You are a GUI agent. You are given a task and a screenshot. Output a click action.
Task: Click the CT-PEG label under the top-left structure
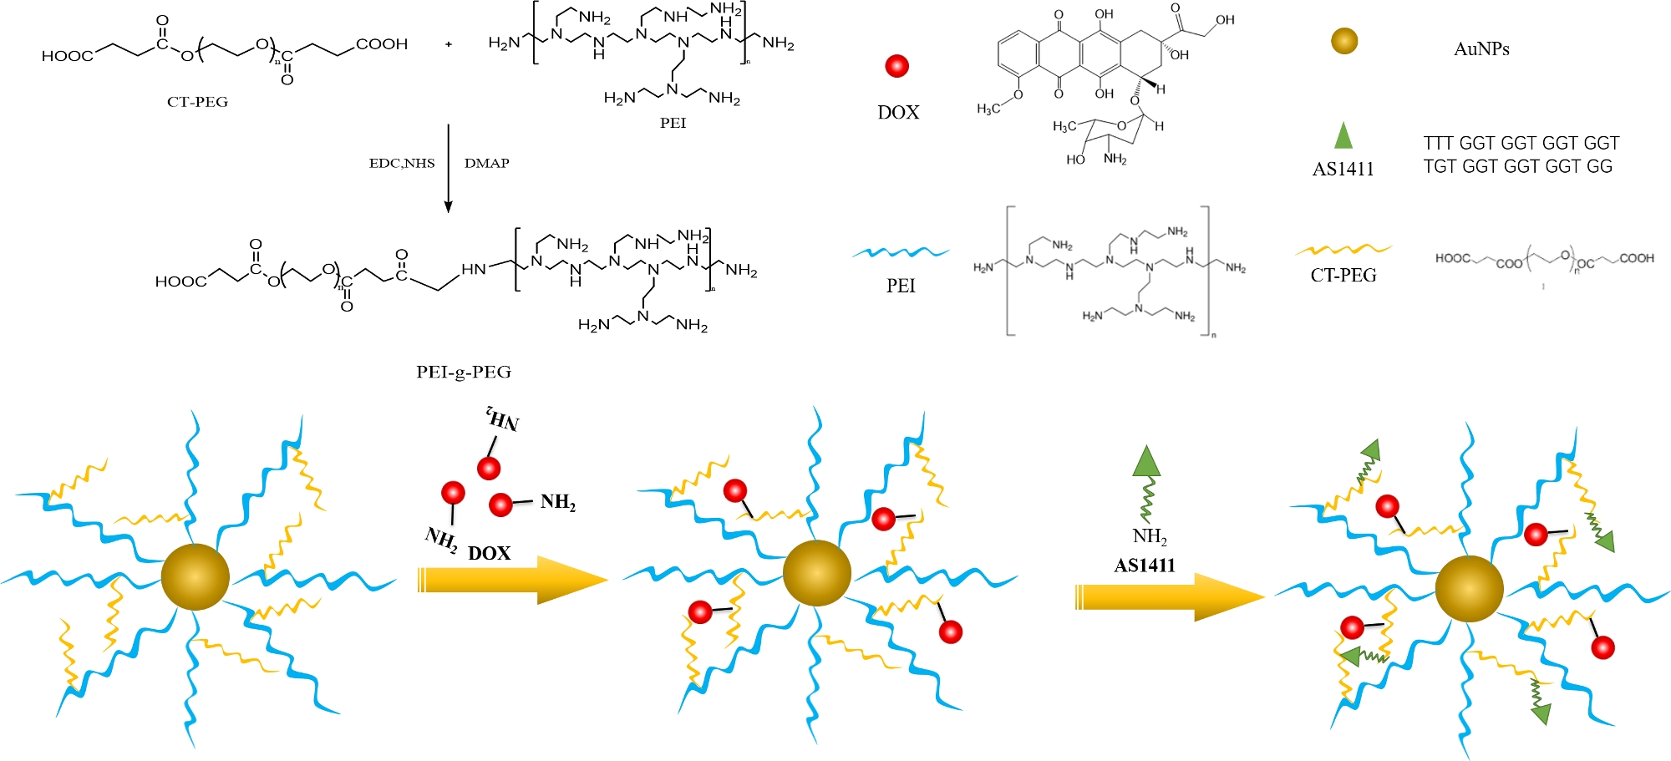197,102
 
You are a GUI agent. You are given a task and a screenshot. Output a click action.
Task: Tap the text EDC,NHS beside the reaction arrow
402,163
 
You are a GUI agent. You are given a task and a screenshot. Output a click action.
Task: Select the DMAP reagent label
487,163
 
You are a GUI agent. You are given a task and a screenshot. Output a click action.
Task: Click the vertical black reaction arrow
449,167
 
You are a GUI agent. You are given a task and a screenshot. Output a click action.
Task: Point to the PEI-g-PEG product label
464,372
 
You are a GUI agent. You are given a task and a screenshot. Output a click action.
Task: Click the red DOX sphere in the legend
896,66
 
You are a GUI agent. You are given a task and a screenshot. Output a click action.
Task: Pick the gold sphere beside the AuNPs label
1344,41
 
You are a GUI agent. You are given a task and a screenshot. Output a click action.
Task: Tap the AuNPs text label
1481,49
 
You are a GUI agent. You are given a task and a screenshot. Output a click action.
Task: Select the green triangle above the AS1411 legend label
1343,136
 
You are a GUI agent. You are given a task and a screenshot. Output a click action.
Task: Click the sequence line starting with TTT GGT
1521,144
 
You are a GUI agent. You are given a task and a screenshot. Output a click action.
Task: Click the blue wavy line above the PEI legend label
901,251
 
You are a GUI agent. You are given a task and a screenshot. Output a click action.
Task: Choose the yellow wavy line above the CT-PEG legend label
1343,249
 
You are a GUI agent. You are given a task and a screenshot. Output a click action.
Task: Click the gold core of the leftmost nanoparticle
195,576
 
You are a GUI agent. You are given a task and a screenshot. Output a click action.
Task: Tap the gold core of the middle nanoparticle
816,573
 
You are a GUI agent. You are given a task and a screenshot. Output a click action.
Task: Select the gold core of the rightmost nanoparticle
1469,588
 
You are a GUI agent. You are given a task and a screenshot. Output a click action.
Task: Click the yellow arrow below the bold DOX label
511,580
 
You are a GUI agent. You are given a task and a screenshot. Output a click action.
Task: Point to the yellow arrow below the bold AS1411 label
1169,596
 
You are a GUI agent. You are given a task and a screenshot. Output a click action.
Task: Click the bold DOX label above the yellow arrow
489,553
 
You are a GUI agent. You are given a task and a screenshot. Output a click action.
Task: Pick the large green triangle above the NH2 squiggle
1146,462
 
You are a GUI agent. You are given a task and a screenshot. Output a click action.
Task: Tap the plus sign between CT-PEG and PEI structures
449,44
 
